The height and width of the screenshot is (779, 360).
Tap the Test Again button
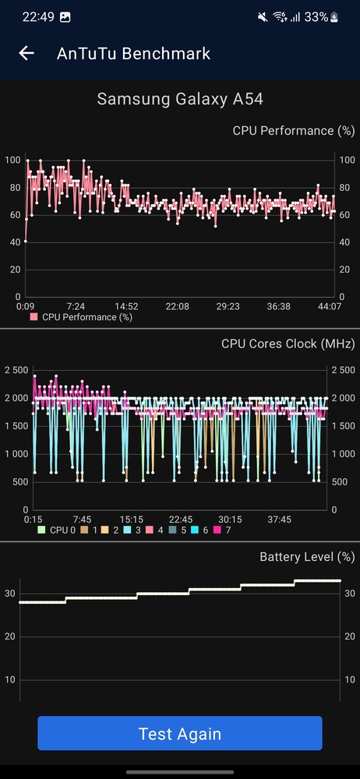179,733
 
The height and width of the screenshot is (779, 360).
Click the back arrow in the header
26,53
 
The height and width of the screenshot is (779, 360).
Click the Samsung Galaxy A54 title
180,99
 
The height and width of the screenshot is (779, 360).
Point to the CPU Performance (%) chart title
294,131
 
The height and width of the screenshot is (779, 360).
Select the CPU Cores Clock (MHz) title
288,344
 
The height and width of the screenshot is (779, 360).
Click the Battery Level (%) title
307,556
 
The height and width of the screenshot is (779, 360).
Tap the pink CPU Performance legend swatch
34,317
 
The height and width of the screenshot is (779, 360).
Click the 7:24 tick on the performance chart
76,306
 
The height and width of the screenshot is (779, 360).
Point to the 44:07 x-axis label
330,306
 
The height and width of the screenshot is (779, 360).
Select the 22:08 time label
177,306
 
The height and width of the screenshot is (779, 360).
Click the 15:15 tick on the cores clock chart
131,519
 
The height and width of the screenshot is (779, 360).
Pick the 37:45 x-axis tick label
279,519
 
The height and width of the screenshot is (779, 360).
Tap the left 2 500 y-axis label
16,370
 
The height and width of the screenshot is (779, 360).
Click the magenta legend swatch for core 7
217,530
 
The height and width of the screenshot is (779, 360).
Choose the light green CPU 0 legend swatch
41,530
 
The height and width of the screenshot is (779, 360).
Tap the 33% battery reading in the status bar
316,17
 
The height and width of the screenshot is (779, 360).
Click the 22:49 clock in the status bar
38,17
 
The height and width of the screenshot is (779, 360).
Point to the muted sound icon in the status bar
263,17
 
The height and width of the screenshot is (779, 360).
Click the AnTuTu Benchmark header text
133,53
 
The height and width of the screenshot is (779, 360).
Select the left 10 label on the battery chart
10,679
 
